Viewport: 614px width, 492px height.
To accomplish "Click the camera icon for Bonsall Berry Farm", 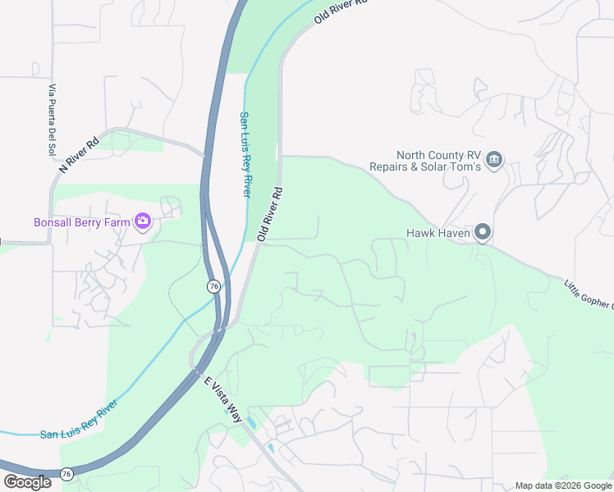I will pyautogui.click(x=143, y=221).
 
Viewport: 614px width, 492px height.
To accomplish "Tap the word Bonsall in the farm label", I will pyautogui.click(x=54, y=221).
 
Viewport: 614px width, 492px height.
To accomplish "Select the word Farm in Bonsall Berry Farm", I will pyautogui.click(x=118, y=221).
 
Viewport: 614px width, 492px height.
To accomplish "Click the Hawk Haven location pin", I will pyautogui.click(x=483, y=234).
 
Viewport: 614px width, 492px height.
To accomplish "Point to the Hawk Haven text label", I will pyautogui.click(x=438, y=234).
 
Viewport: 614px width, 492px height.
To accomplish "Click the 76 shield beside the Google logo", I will pyautogui.click(x=66, y=473).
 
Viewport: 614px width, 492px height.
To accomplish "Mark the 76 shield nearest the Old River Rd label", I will pyautogui.click(x=213, y=285).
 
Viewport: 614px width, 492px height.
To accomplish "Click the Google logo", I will pyautogui.click(x=27, y=482).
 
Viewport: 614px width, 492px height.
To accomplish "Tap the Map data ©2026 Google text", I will pyautogui.click(x=562, y=485).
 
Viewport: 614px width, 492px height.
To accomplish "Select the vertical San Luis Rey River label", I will pyautogui.click(x=244, y=154).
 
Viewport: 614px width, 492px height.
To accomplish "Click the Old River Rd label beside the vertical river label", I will pyautogui.click(x=269, y=213).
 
